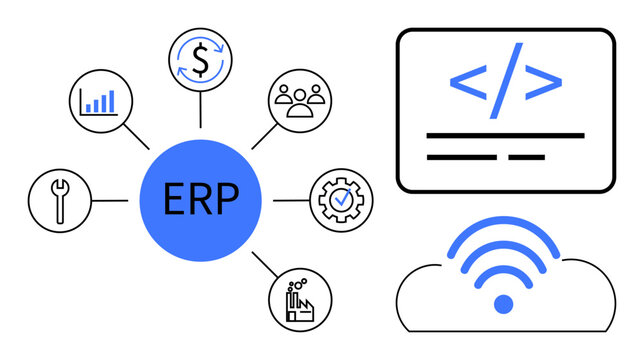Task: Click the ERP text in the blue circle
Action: point(201,200)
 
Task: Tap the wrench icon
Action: point(60,199)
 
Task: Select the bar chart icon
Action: point(98,101)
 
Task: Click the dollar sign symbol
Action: point(201,62)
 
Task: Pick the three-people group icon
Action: point(300,101)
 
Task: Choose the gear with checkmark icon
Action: point(341,199)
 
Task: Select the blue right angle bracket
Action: point(543,80)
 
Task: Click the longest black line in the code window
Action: point(505,135)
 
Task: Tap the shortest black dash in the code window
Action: point(526,157)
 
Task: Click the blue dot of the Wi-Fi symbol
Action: point(504,303)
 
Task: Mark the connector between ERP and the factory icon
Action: point(263,264)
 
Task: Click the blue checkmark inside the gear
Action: point(342,199)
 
